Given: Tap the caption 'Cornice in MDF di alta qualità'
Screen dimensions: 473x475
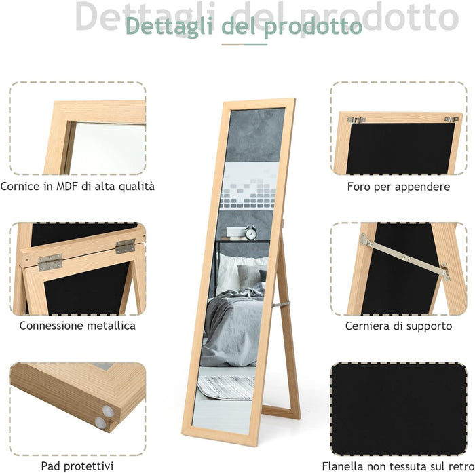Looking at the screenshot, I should (x=77, y=186).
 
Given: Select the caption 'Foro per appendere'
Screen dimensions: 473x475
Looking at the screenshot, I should (x=398, y=186).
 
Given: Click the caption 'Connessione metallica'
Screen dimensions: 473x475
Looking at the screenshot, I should (x=77, y=326).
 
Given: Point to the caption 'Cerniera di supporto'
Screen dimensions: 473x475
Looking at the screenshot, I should (x=398, y=326).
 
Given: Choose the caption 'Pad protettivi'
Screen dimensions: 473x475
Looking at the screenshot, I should (x=77, y=466).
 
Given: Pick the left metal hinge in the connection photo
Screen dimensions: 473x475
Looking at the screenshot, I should (x=50, y=261).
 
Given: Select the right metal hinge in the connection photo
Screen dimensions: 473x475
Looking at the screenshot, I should (x=125, y=246).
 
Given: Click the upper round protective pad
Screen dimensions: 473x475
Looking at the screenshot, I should (x=108, y=410).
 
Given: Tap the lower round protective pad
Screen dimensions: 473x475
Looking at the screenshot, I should (x=100, y=423).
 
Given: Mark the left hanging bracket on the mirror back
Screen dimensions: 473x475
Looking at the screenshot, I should (x=356, y=120).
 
